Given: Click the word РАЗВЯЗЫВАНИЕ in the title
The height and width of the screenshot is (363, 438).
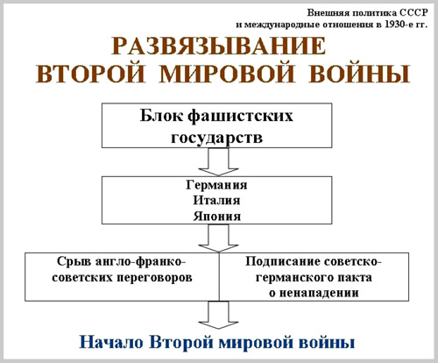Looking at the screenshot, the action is [219, 46].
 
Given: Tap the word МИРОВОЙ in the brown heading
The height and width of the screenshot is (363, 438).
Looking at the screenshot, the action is [227, 73].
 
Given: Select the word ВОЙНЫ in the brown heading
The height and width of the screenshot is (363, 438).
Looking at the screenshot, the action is [359, 73].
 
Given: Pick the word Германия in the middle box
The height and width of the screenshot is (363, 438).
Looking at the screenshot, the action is [216, 185].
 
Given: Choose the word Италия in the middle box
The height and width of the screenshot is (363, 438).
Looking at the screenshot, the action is [216, 201].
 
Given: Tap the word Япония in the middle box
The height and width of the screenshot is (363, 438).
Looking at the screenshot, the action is [217, 217].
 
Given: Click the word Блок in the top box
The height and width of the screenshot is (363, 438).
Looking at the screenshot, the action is [161, 116].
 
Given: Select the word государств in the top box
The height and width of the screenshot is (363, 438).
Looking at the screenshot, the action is [216, 137].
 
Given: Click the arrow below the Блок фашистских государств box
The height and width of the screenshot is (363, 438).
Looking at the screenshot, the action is [218, 161].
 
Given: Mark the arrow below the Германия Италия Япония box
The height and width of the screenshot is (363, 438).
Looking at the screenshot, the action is [218, 238].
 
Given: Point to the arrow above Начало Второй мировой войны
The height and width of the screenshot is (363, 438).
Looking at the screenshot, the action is [218, 315].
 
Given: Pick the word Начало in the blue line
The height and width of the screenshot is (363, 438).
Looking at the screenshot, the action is [111, 342].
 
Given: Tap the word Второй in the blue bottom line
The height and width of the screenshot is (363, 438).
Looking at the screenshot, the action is [181, 342].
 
